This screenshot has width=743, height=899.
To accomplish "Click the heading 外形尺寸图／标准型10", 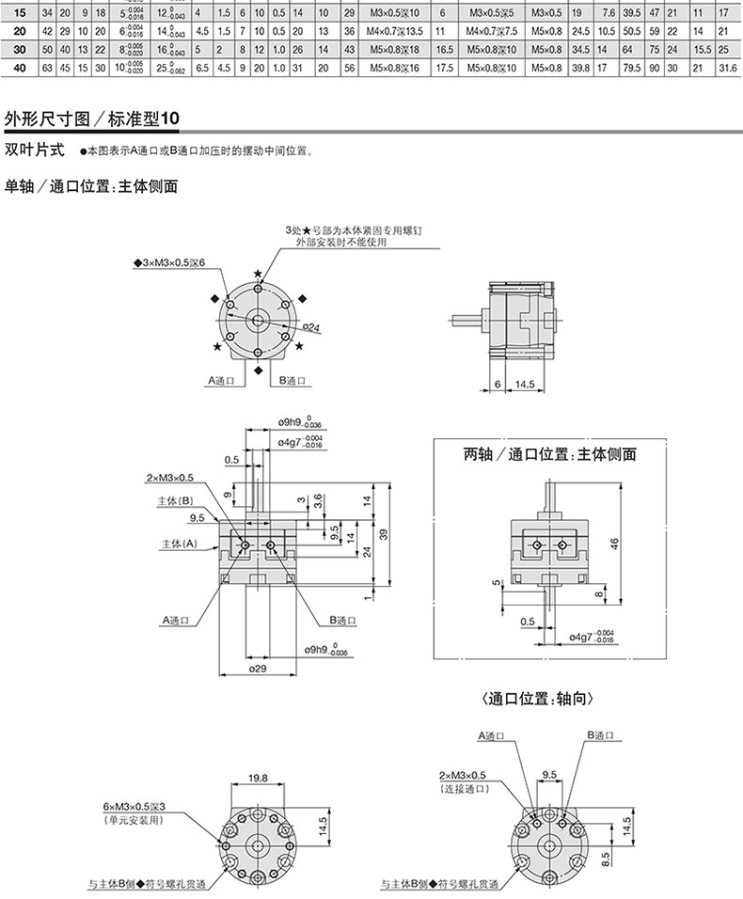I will tap(90, 119).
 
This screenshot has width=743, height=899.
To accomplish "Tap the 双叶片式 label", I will tap(35, 150).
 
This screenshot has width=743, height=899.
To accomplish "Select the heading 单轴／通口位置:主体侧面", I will tap(91, 186).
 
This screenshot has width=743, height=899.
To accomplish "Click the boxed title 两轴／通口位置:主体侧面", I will tap(550, 454).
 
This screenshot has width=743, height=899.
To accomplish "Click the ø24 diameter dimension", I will tap(310, 327).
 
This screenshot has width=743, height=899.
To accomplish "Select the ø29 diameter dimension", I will tap(259, 670).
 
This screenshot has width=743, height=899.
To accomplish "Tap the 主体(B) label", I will tap(175, 500).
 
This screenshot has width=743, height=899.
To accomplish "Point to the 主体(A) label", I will tap(177, 544).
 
